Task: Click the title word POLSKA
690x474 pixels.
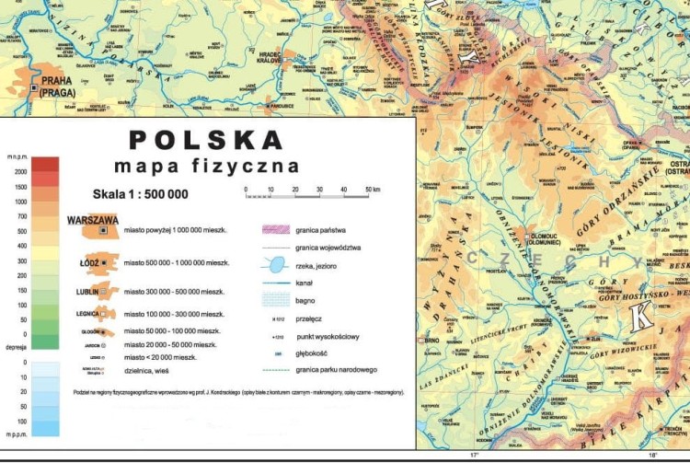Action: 206,140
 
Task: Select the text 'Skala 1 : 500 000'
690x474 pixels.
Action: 140,194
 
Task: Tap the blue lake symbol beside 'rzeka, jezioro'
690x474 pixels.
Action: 273,264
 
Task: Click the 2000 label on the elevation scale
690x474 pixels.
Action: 21,172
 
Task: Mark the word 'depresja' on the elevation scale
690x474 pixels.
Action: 17,349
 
